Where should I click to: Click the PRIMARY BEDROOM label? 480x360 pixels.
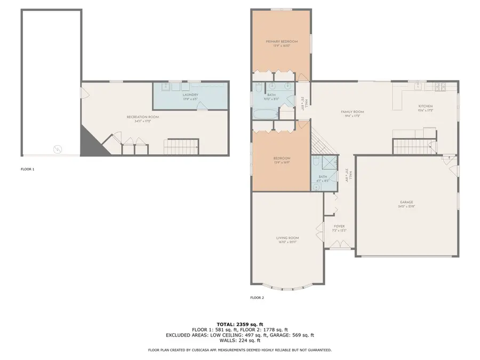coord(282,42)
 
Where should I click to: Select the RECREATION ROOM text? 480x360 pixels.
coord(142,117)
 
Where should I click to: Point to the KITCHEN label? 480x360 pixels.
coord(425,106)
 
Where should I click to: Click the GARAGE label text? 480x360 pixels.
coord(407,202)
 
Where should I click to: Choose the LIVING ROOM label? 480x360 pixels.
coord(287,238)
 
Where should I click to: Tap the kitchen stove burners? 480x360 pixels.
coord(441,87)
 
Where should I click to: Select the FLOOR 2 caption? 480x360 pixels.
coord(257,298)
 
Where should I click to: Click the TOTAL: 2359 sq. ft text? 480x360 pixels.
coord(239,324)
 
